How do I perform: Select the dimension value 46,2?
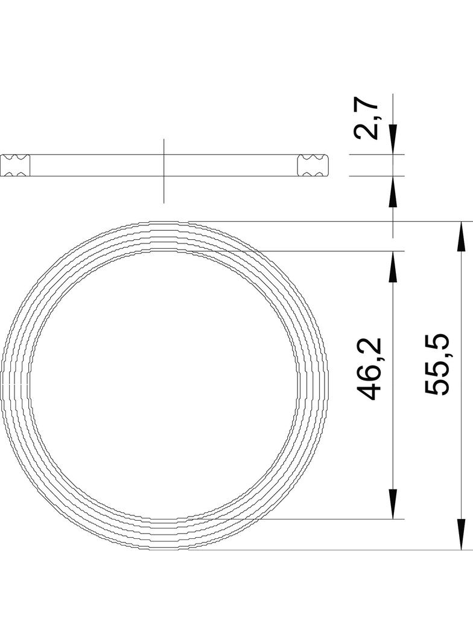pos(369,369)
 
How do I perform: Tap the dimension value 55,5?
pos(436,364)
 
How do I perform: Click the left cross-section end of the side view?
pos(14,166)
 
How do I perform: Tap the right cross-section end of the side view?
pos(314,166)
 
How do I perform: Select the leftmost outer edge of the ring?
pos(2,385)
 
